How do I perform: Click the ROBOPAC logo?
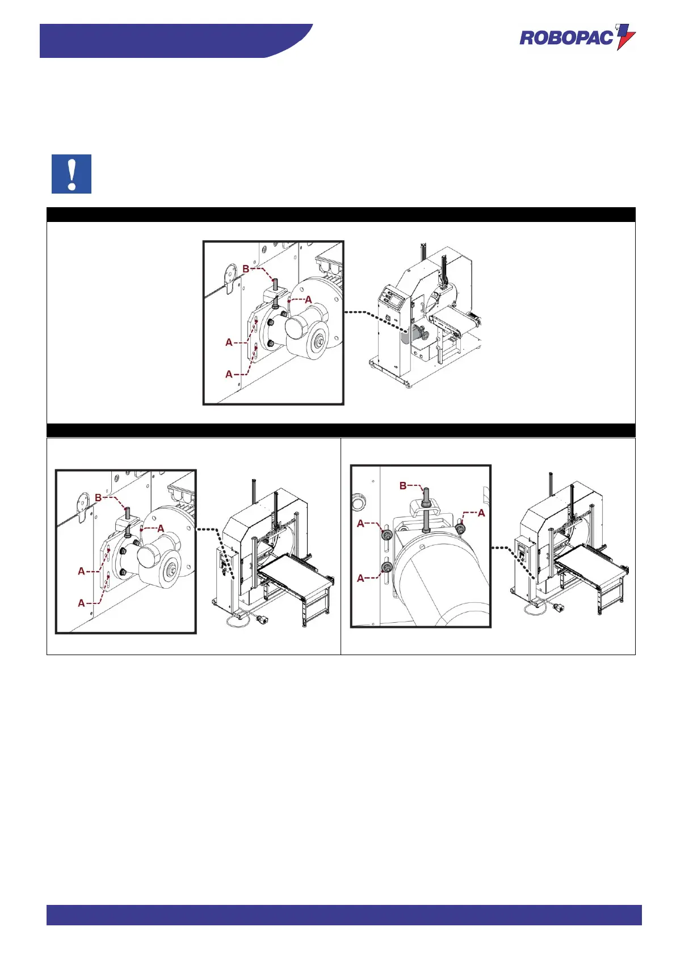coord(577,37)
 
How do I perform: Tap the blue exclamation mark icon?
coord(72,174)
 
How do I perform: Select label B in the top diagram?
coord(245,269)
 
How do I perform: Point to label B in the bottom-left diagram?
coord(98,498)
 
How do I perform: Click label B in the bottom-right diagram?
coord(403,486)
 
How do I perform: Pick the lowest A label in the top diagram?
coord(229,374)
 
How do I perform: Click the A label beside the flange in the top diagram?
coord(308,300)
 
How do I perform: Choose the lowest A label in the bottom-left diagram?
coord(82,603)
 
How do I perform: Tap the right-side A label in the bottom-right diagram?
coord(481,513)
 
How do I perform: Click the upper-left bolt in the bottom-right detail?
coord(387,535)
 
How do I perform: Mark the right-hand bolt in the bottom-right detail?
coord(460,529)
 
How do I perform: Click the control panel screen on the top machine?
coord(396,300)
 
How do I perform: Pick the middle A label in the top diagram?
coord(229,342)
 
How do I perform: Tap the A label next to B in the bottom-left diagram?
coord(161,529)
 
